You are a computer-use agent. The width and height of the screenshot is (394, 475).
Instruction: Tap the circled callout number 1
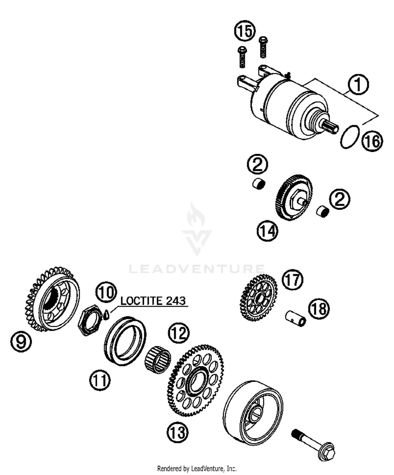(x=358, y=84)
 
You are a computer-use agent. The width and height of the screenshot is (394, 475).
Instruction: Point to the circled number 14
(x=267, y=231)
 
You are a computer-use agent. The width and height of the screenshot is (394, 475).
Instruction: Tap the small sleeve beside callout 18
(x=296, y=318)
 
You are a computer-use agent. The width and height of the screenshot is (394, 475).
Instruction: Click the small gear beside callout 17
(x=258, y=297)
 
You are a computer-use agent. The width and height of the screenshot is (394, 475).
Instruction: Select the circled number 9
(x=21, y=342)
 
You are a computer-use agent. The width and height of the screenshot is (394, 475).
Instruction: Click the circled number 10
(x=106, y=292)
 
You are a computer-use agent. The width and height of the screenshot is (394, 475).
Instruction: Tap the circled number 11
(x=100, y=380)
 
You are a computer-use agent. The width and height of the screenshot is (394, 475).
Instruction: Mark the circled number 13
(x=178, y=432)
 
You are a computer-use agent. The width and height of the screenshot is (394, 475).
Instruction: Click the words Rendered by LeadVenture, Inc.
(x=197, y=468)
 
